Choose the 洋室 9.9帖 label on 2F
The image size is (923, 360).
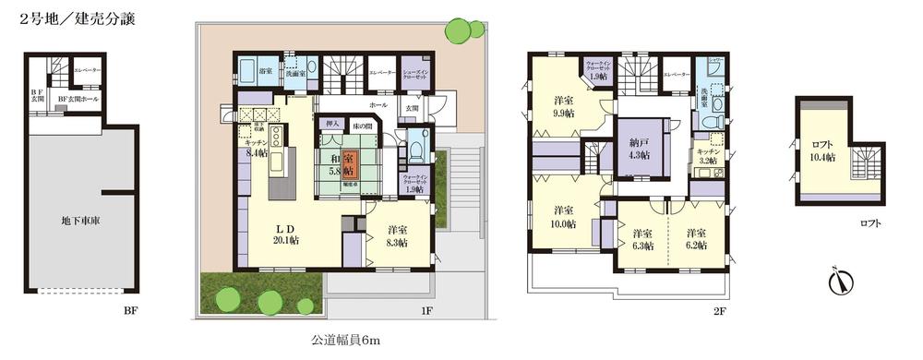pyautogui.click(x=566, y=105)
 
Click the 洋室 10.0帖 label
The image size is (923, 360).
pyautogui.click(x=565, y=215)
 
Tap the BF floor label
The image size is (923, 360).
pyautogui.click(x=131, y=312)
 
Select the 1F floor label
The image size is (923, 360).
pyautogui.click(x=426, y=312)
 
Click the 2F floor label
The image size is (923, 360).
pyautogui.click(x=721, y=312)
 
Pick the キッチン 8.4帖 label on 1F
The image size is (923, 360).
pyautogui.click(x=256, y=149)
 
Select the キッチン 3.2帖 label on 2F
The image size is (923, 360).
pyautogui.click(x=708, y=156)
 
